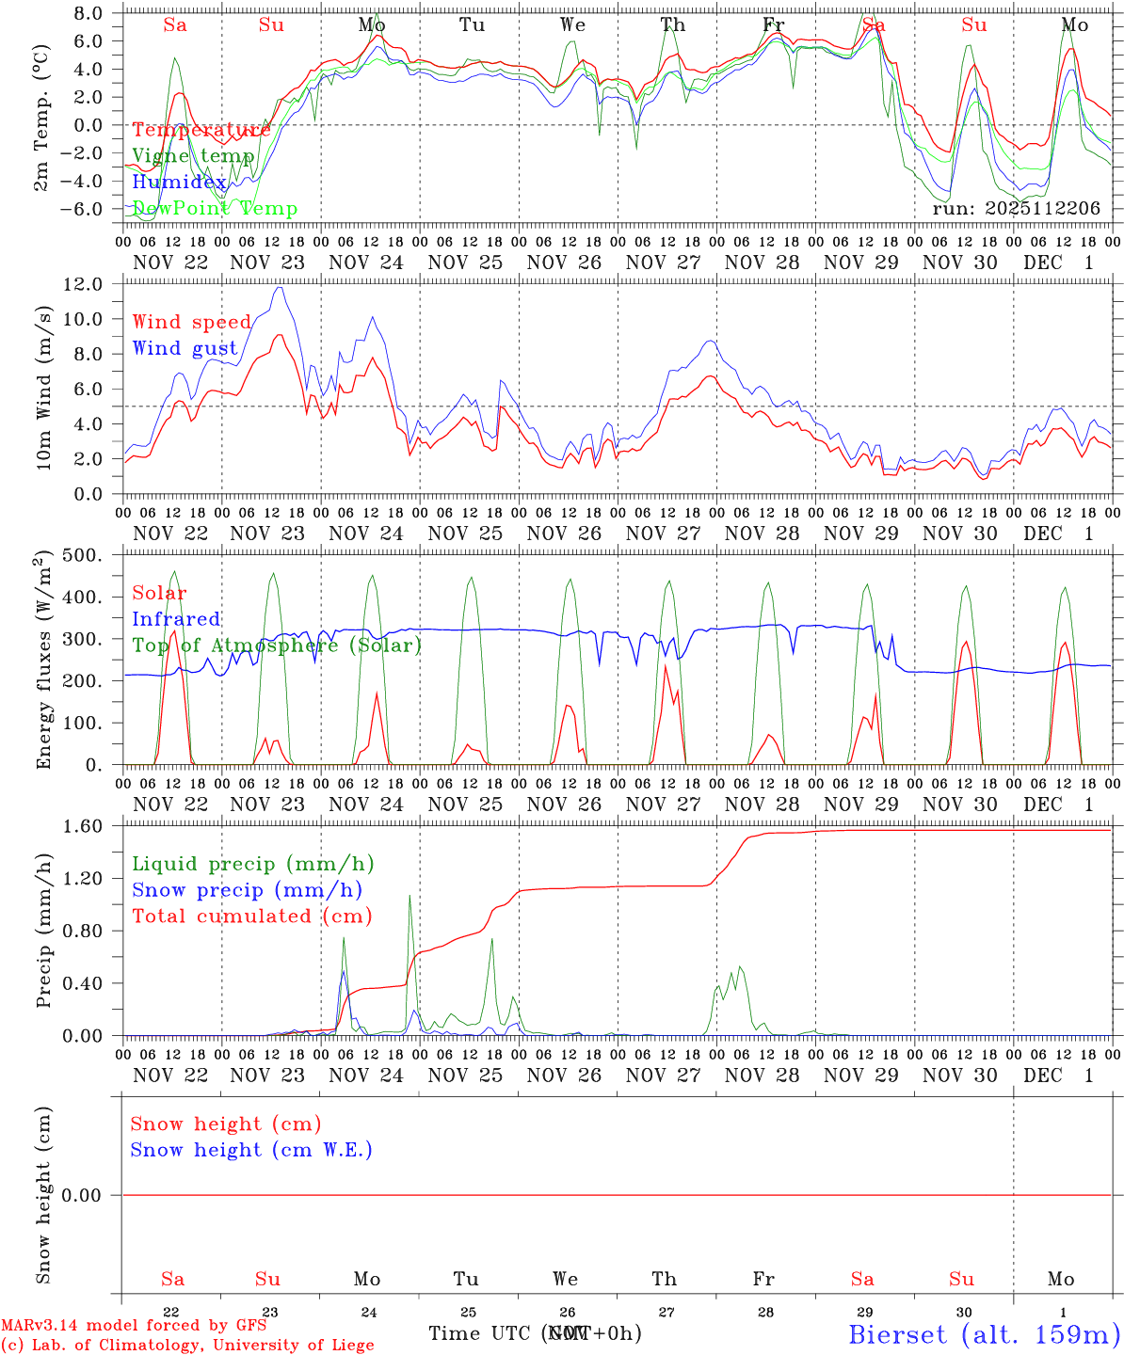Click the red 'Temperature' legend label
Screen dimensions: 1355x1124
coord(201,130)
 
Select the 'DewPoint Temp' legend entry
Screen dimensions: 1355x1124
coord(215,209)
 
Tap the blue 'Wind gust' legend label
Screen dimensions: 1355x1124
coord(185,348)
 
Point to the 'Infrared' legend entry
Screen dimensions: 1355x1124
coord(176,619)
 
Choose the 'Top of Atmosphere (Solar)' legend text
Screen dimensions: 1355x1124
coord(277,646)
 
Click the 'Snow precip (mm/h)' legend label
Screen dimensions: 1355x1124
coord(247,890)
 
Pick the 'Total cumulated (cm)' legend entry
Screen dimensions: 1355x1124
coord(252,917)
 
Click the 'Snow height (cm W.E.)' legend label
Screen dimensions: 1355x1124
coord(251,1150)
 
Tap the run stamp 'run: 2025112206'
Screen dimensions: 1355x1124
coord(1016,209)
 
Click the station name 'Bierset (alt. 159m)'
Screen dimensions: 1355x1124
coord(984,1334)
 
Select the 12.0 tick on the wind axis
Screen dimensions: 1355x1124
coord(93,284)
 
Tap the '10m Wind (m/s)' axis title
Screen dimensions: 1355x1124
coord(43,390)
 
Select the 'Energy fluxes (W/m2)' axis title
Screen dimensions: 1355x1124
coord(43,661)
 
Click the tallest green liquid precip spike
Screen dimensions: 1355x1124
coord(409,896)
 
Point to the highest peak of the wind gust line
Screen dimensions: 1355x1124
coord(280,288)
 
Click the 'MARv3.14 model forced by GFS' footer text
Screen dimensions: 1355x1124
coord(134,1326)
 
